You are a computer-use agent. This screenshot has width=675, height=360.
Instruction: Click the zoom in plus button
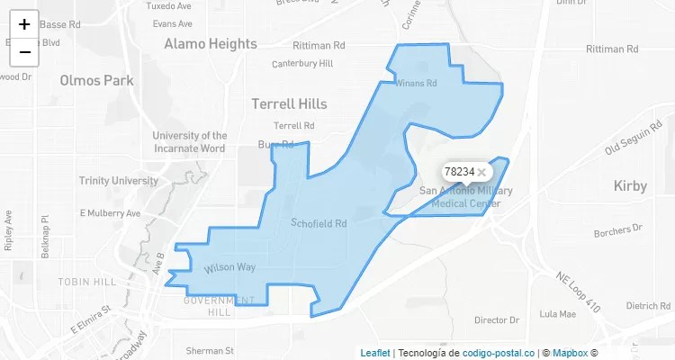(x=24, y=24)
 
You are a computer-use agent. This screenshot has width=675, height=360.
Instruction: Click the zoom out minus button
(x=24, y=52)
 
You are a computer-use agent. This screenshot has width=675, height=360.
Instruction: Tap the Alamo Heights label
(x=210, y=43)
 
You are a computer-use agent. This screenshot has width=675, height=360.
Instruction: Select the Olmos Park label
(x=96, y=80)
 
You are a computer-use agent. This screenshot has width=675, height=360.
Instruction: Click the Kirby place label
(x=630, y=186)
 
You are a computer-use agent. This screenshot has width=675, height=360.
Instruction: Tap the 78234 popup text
(x=459, y=172)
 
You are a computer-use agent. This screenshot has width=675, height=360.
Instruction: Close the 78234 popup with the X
(x=481, y=172)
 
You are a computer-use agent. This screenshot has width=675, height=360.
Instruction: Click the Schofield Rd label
(x=319, y=222)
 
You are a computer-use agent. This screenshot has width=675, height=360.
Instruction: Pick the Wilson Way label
(x=229, y=267)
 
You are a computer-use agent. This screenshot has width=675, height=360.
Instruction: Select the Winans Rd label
(x=416, y=84)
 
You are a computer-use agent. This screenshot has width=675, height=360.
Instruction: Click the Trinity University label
(x=118, y=181)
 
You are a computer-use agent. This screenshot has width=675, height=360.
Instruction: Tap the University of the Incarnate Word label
(x=189, y=141)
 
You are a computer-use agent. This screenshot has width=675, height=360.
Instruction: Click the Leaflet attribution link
(x=374, y=353)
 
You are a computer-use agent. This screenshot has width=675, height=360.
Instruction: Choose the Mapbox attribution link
(x=570, y=353)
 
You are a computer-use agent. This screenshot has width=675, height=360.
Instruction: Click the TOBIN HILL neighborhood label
(x=87, y=282)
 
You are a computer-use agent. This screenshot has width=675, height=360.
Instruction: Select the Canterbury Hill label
(x=302, y=63)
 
